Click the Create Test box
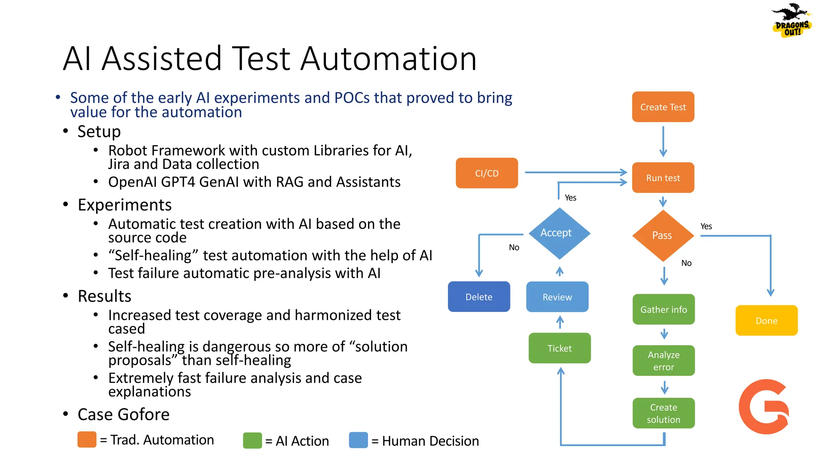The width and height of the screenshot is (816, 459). pyautogui.click(x=663, y=107)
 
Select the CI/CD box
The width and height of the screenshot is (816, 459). pyautogui.click(x=486, y=173)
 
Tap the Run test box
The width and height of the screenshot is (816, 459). pyautogui.click(x=663, y=178)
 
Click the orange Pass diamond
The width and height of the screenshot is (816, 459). pyautogui.click(x=663, y=235)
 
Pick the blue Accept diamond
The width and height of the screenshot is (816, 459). pyautogui.click(x=559, y=233)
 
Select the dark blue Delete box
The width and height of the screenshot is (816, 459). pyautogui.click(x=479, y=297)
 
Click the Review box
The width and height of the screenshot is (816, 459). pyautogui.click(x=557, y=297)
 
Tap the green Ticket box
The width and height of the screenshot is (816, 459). pyautogui.click(x=559, y=348)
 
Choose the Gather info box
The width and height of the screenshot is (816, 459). pyautogui.click(x=663, y=310)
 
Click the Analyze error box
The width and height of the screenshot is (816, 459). pyautogui.click(x=663, y=361)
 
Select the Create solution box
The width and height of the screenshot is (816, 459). pyautogui.click(x=663, y=413)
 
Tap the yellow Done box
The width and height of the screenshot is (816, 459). pyautogui.click(x=766, y=321)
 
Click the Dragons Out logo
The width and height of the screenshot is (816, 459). pyautogui.click(x=791, y=21)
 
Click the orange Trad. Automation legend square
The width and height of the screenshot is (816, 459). pyautogui.click(x=87, y=439)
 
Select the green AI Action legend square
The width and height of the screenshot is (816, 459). pyautogui.click(x=252, y=441)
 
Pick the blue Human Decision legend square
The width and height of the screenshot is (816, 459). pyautogui.click(x=358, y=440)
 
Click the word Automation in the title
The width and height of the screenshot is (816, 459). pyautogui.click(x=388, y=59)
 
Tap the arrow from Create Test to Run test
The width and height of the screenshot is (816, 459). pyautogui.click(x=663, y=141)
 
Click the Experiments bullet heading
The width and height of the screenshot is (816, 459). pyautogui.click(x=124, y=205)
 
